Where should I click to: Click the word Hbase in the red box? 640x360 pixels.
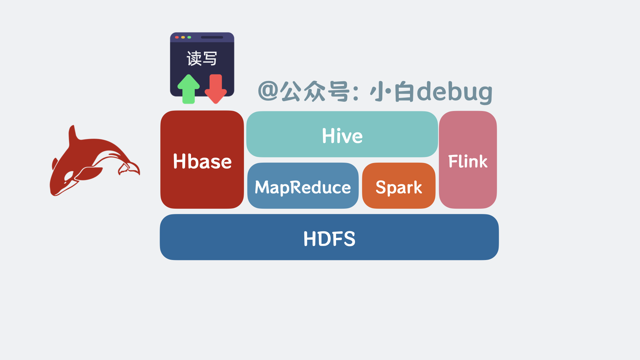pyautogui.click(x=202, y=162)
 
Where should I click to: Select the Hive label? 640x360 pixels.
pyautogui.click(x=342, y=136)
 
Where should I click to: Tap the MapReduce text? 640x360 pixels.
pyautogui.click(x=303, y=187)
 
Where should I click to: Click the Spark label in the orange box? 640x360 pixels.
pyautogui.click(x=399, y=187)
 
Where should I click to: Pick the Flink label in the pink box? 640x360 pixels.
pyautogui.click(x=468, y=161)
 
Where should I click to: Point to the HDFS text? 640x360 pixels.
pyautogui.click(x=329, y=239)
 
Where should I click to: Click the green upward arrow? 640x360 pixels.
pyautogui.click(x=189, y=89)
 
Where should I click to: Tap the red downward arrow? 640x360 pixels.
pyautogui.click(x=216, y=89)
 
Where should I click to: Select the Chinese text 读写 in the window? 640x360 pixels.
pyautogui.click(x=202, y=58)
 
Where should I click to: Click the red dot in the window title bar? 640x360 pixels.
pyautogui.click(x=177, y=37)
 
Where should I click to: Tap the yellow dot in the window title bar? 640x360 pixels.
pyautogui.click(x=183, y=37)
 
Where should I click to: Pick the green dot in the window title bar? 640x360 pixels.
pyautogui.click(x=189, y=37)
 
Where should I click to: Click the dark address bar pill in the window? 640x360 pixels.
pyautogui.click(x=212, y=37)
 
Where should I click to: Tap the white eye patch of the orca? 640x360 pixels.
pyautogui.click(x=69, y=175)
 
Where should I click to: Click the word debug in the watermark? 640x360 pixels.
pyautogui.click(x=455, y=91)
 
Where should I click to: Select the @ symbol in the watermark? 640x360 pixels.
pyautogui.click(x=268, y=91)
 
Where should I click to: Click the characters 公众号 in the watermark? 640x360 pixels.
pyautogui.click(x=315, y=91)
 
